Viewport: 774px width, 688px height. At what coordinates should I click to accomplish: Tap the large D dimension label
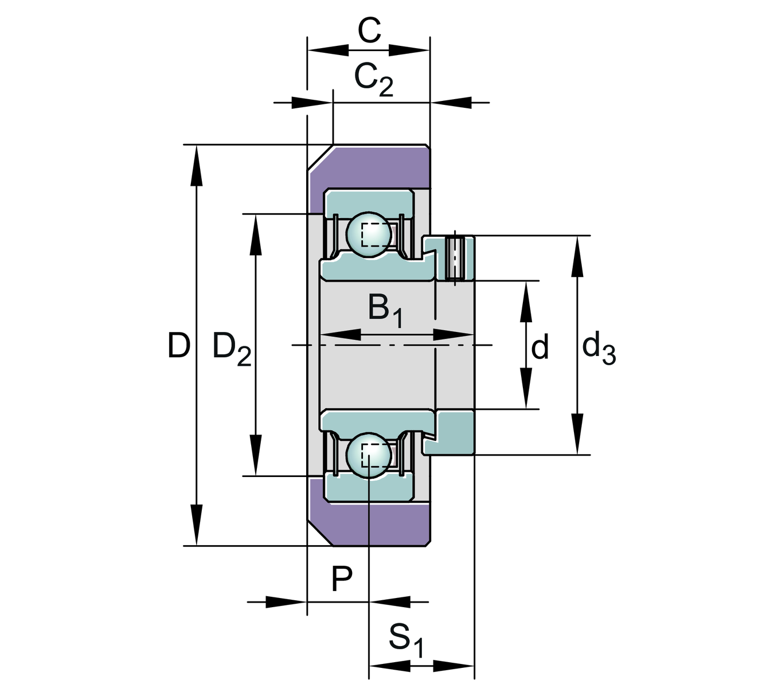179,346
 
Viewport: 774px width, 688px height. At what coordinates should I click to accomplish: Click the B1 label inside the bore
385,310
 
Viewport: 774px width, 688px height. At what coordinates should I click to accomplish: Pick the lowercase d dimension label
540,347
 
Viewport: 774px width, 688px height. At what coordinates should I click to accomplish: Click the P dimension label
342,579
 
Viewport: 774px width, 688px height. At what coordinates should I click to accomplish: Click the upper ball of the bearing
369,233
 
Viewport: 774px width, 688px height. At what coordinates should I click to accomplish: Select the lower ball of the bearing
369,456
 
